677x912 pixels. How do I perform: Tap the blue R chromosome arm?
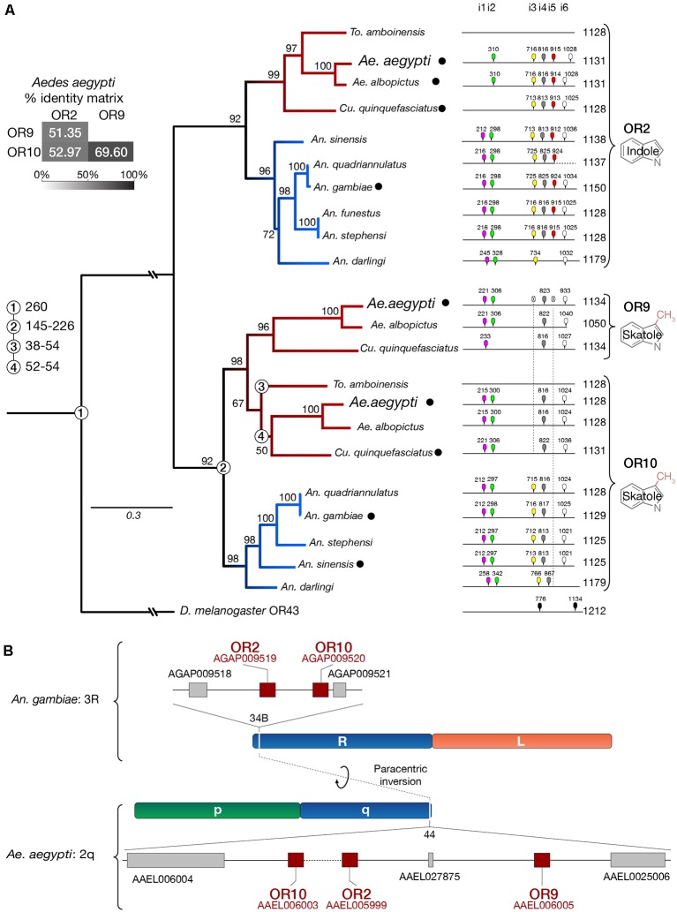[x=342, y=742]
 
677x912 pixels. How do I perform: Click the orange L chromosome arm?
[x=522, y=742]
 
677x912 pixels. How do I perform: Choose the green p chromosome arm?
[x=216, y=809]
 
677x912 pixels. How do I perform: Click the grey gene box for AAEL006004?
[x=176, y=860]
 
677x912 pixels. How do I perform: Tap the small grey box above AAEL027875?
[x=431, y=859]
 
